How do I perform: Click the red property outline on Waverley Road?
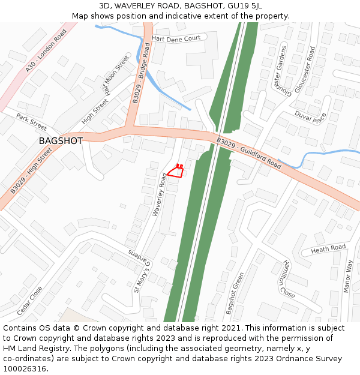[175, 172]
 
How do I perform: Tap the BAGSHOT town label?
[61, 140]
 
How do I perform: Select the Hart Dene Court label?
[176, 38]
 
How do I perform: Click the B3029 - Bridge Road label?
[142, 73]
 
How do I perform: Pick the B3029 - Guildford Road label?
[249, 153]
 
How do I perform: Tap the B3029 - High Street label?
[31, 172]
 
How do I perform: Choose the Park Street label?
[31, 122]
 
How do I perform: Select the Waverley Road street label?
[160, 194]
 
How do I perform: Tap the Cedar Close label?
[30, 301]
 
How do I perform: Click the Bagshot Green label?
[235, 293]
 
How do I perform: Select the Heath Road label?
[328, 248]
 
